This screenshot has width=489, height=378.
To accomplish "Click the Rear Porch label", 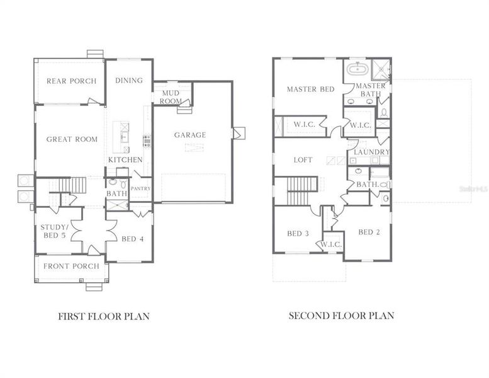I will click(x=71, y=81).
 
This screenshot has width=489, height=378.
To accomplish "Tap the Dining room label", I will click(x=129, y=81).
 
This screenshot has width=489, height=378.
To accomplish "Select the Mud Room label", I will click(x=171, y=97).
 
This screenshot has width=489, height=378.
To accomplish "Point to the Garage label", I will click(x=190, y=135).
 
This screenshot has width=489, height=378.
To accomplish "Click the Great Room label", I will click(x=72, y=139).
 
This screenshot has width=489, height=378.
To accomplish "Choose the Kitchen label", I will click(x=125, y=160).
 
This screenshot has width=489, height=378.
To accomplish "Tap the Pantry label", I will click(x=140, y=188).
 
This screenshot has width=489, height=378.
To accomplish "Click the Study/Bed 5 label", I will click(x=53, y=231).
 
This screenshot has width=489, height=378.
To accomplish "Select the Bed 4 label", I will click(x=133, y=239).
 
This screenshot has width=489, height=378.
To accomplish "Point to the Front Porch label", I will click(x=71, y=266).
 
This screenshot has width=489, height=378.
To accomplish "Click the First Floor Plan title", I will click(x=104, y=316).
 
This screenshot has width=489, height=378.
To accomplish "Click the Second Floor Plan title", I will click(x=341, y=316).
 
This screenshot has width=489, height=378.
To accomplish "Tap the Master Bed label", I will click(x=310, y=89).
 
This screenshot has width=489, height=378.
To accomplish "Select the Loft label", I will click(x=303, y=160).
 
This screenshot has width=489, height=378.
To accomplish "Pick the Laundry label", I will click(x=371, y=152).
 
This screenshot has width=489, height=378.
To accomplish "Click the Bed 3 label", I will click(x=298, y=234).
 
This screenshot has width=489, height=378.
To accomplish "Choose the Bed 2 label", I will click(x=369, y=232).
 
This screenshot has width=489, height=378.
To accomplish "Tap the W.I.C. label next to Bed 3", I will click(x=331, y=244).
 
